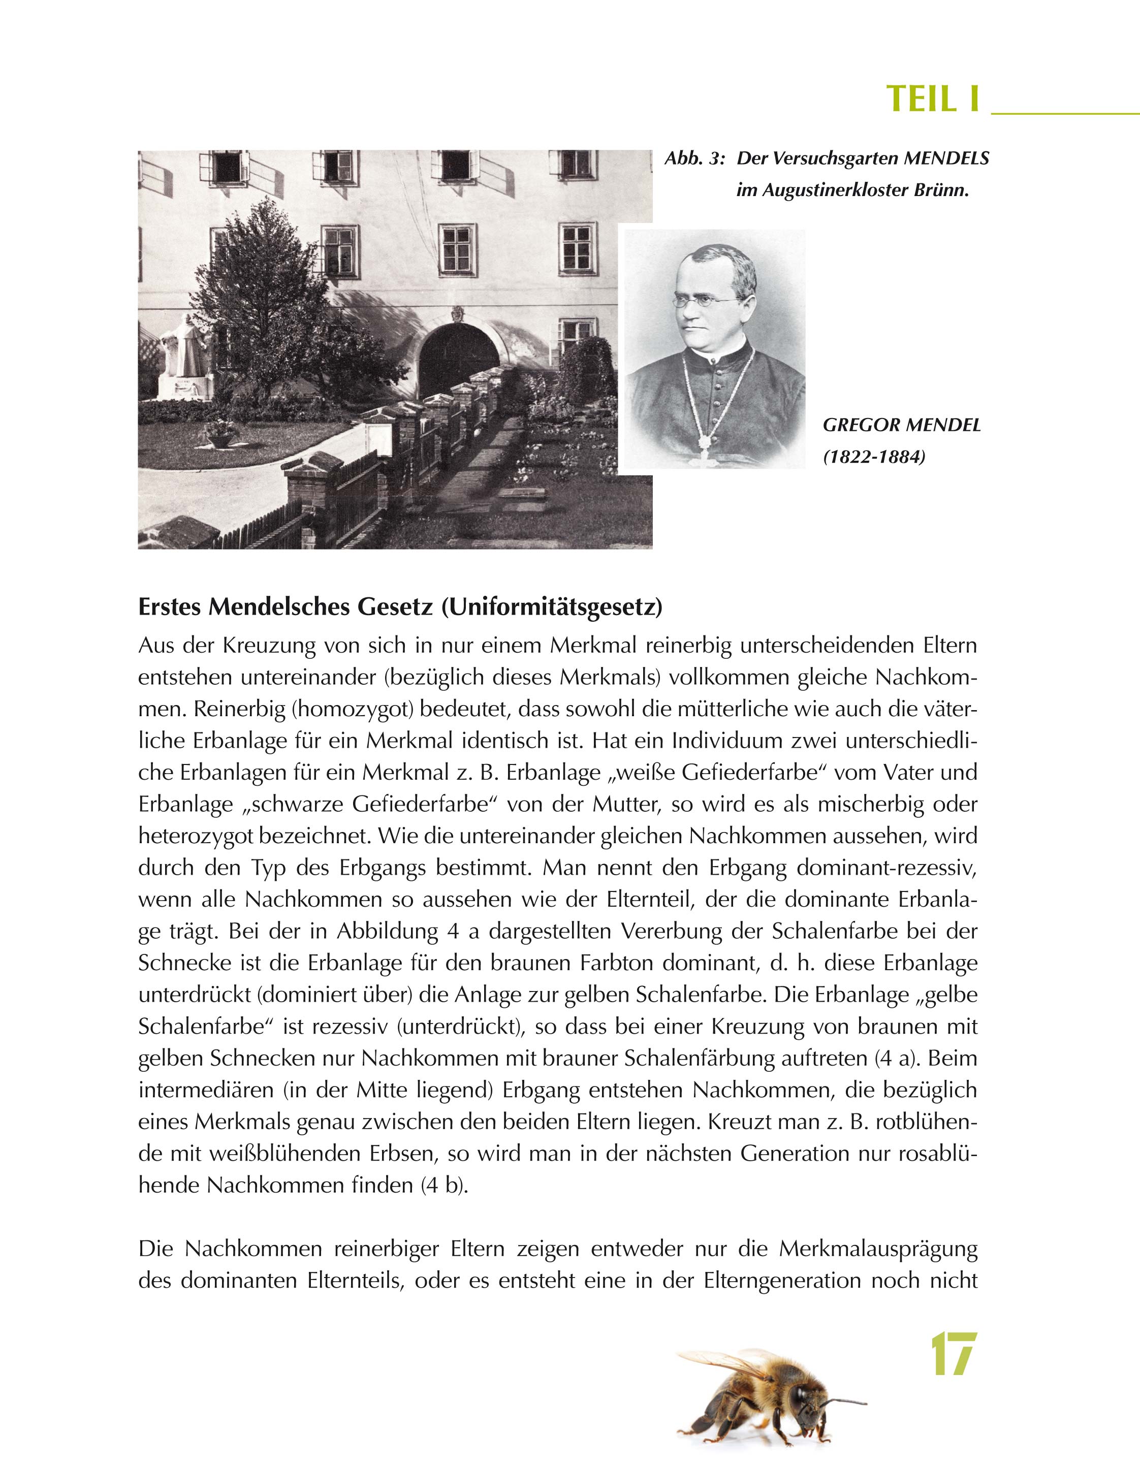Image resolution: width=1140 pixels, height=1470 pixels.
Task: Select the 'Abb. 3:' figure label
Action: tap(694, 159)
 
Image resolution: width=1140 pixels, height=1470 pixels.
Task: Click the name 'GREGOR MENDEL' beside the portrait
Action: tap(902, 425)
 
